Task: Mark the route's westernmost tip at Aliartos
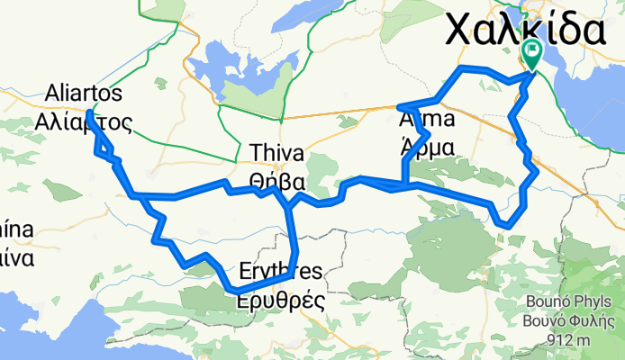pos(89,114)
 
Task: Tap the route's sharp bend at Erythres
pos(234,290)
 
